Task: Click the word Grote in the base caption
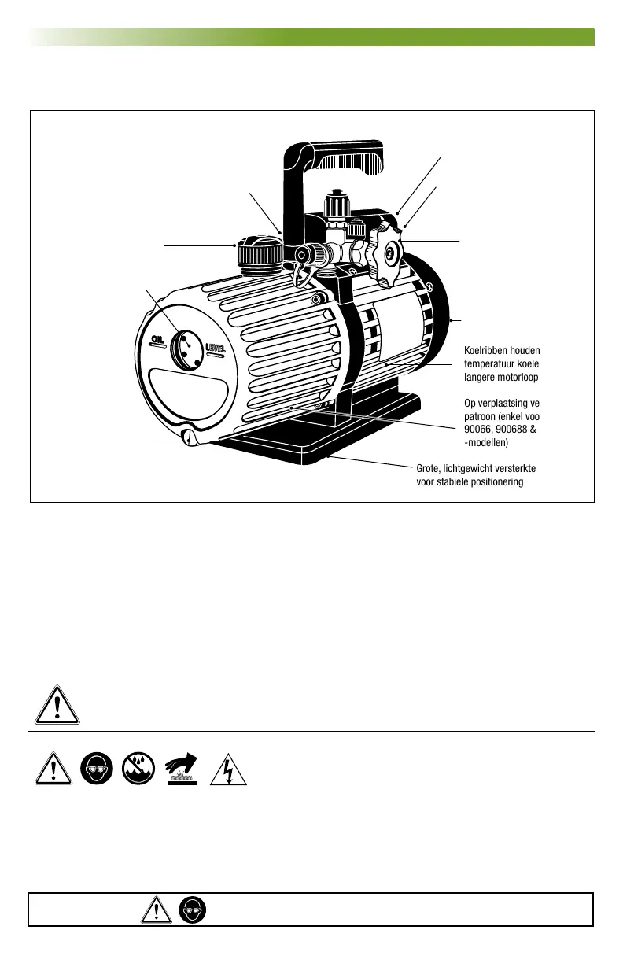point(430,469)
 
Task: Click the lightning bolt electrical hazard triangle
point(230,769)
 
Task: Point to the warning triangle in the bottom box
point(160,910)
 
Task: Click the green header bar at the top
point(311,37)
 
